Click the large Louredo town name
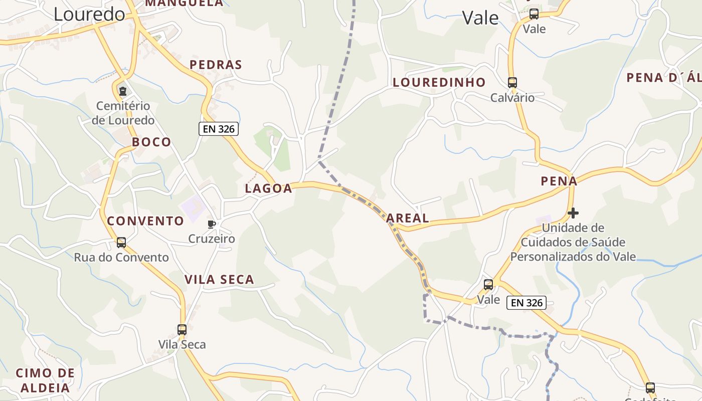pos(89,14)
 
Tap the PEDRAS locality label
pos(216,65)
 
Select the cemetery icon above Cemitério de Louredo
pos(122,91)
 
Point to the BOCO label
pos(151,142)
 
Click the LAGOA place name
pos(268,188)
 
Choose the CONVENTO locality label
pos(145,221)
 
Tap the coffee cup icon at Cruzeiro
pos(212,224)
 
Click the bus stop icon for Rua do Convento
pos(121,243)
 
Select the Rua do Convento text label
pos(121,258)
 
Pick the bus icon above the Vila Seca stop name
pos(182,330)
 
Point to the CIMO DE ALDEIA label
pos(45,380)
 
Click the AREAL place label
pos(408,218)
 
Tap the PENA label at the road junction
pos(559,181)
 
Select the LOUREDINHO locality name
pos(439,82)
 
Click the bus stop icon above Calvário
pos(512,83)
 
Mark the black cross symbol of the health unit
pos(573,214)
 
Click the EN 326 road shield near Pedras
pos(219,129)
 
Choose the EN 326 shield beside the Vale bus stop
pos(526,303)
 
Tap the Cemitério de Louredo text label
pos(123,113)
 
